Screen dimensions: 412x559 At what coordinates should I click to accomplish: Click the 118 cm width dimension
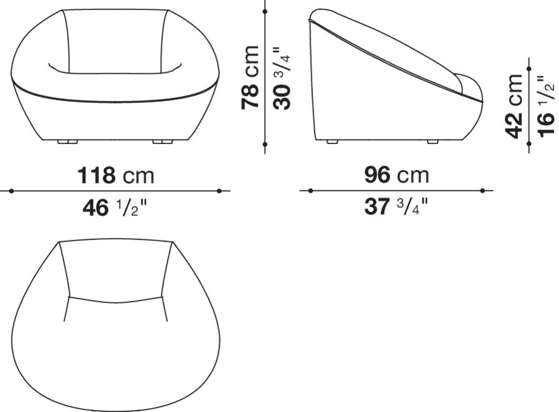[x=116, y=176]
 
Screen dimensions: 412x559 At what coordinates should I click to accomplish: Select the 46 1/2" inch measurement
[x=116, y=208]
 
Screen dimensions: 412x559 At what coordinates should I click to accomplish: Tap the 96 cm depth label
[x=396, y=176]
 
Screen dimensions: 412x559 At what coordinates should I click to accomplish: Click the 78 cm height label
[x=250, y=77]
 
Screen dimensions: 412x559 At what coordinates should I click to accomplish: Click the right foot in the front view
[x=162, y=142]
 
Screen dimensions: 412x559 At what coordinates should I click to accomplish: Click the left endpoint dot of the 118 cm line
[x=11, y=191]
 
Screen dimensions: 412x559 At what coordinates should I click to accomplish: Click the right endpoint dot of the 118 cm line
[x=220, y=191]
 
